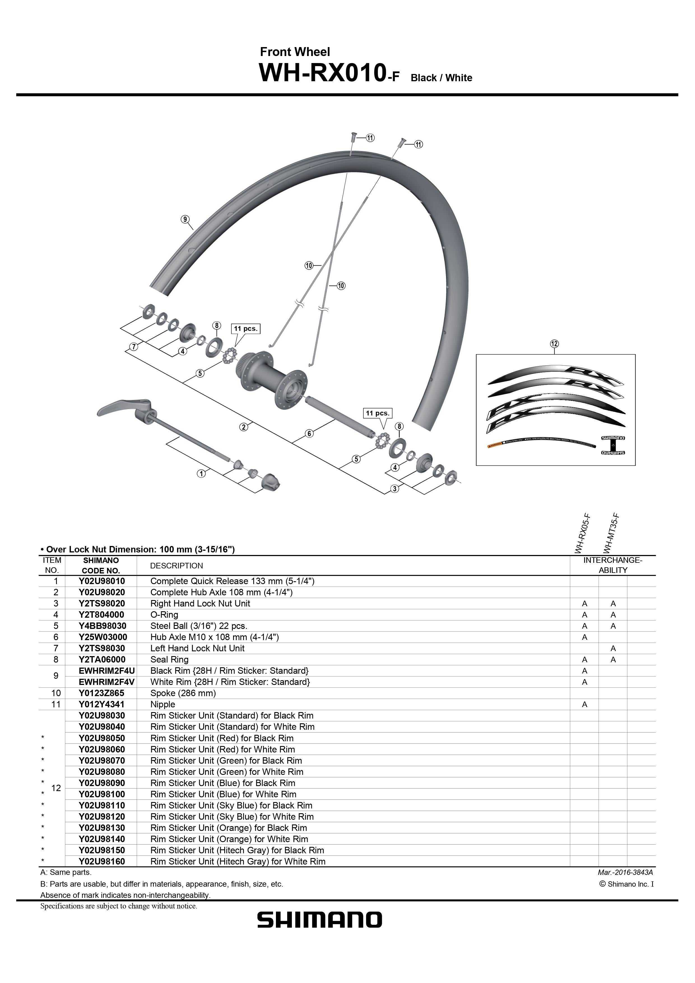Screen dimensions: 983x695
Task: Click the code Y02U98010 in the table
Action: click(101, 581)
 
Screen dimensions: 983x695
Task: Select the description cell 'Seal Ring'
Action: click(169, 659)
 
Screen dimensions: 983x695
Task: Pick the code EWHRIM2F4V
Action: click(107, 682)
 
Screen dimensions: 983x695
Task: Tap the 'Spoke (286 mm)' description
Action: click(183, 693)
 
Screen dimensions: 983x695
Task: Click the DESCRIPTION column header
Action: click(176, 566)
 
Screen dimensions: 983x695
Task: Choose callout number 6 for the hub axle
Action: click(310, 433)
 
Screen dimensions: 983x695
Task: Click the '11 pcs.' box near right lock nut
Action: click(377, 413)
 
